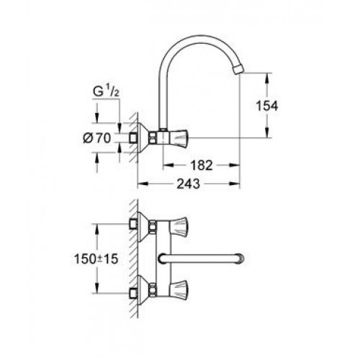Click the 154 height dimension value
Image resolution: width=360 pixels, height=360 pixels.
point(267,106)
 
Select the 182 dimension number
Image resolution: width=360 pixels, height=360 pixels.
point(202,165)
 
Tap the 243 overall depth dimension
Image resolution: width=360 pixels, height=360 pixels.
point(188,184)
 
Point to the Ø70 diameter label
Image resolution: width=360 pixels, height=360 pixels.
point(97,138)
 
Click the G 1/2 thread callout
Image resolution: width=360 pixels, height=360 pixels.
point(106,91)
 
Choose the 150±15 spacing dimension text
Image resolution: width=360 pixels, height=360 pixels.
point(96,259)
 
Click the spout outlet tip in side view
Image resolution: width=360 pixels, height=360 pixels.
point(238,70)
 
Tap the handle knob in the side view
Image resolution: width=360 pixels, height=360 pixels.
point(179,138)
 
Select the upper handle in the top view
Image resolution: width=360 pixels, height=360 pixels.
point(179,226)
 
